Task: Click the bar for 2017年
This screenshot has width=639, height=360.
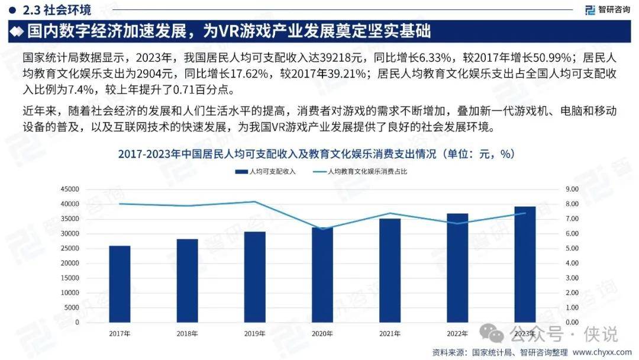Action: (120, 284)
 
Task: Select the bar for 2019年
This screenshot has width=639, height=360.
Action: (254, 277)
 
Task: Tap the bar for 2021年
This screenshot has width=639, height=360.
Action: (390, 271)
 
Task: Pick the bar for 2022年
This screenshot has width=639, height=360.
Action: (457, 268)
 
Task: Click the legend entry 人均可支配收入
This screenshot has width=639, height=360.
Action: (266, 172)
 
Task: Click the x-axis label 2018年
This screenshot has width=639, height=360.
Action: (187, 333)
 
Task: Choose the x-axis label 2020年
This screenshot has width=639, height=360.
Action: (322, 333)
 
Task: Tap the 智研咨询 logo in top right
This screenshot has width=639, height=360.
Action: (606, 9)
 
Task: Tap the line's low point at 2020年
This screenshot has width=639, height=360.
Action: (322, 229)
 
